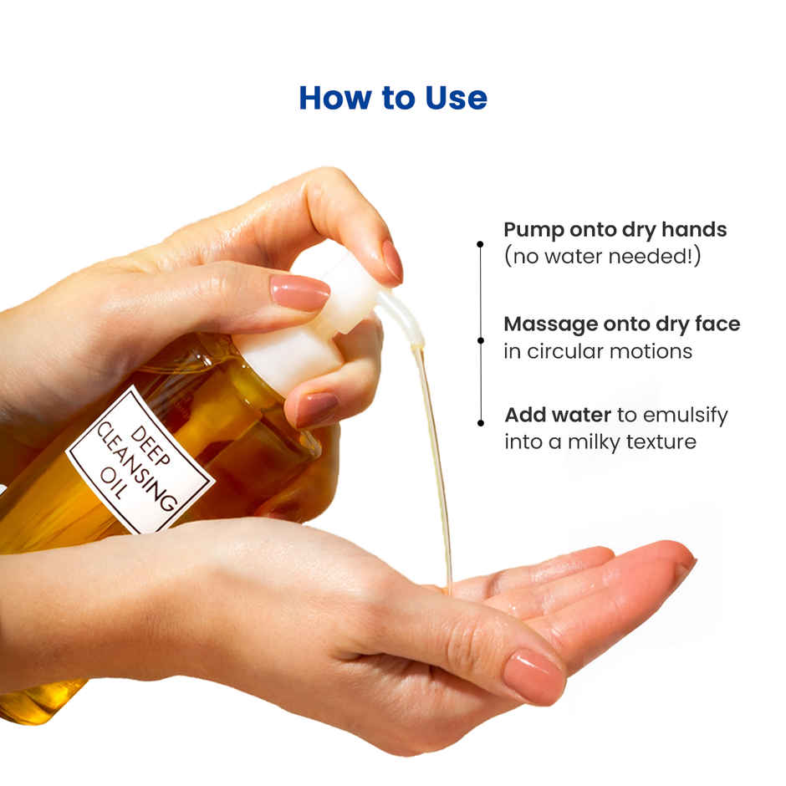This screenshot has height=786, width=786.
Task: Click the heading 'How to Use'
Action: click(x=392, y=98)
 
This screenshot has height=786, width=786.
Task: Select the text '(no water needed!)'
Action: click(x=602, y=257)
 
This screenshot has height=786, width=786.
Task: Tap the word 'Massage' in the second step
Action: click(x=550, y=324)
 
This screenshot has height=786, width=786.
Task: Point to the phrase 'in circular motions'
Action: click(x=598, y=351)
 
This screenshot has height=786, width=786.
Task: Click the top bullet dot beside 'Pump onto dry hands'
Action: click(x=480, y=244)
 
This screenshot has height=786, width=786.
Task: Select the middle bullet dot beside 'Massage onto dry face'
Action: click(x=480, y=340)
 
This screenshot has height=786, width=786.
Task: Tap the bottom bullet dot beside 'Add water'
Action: click(x=480, y=422)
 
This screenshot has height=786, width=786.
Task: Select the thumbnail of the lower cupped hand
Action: click(x=533, y=675)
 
